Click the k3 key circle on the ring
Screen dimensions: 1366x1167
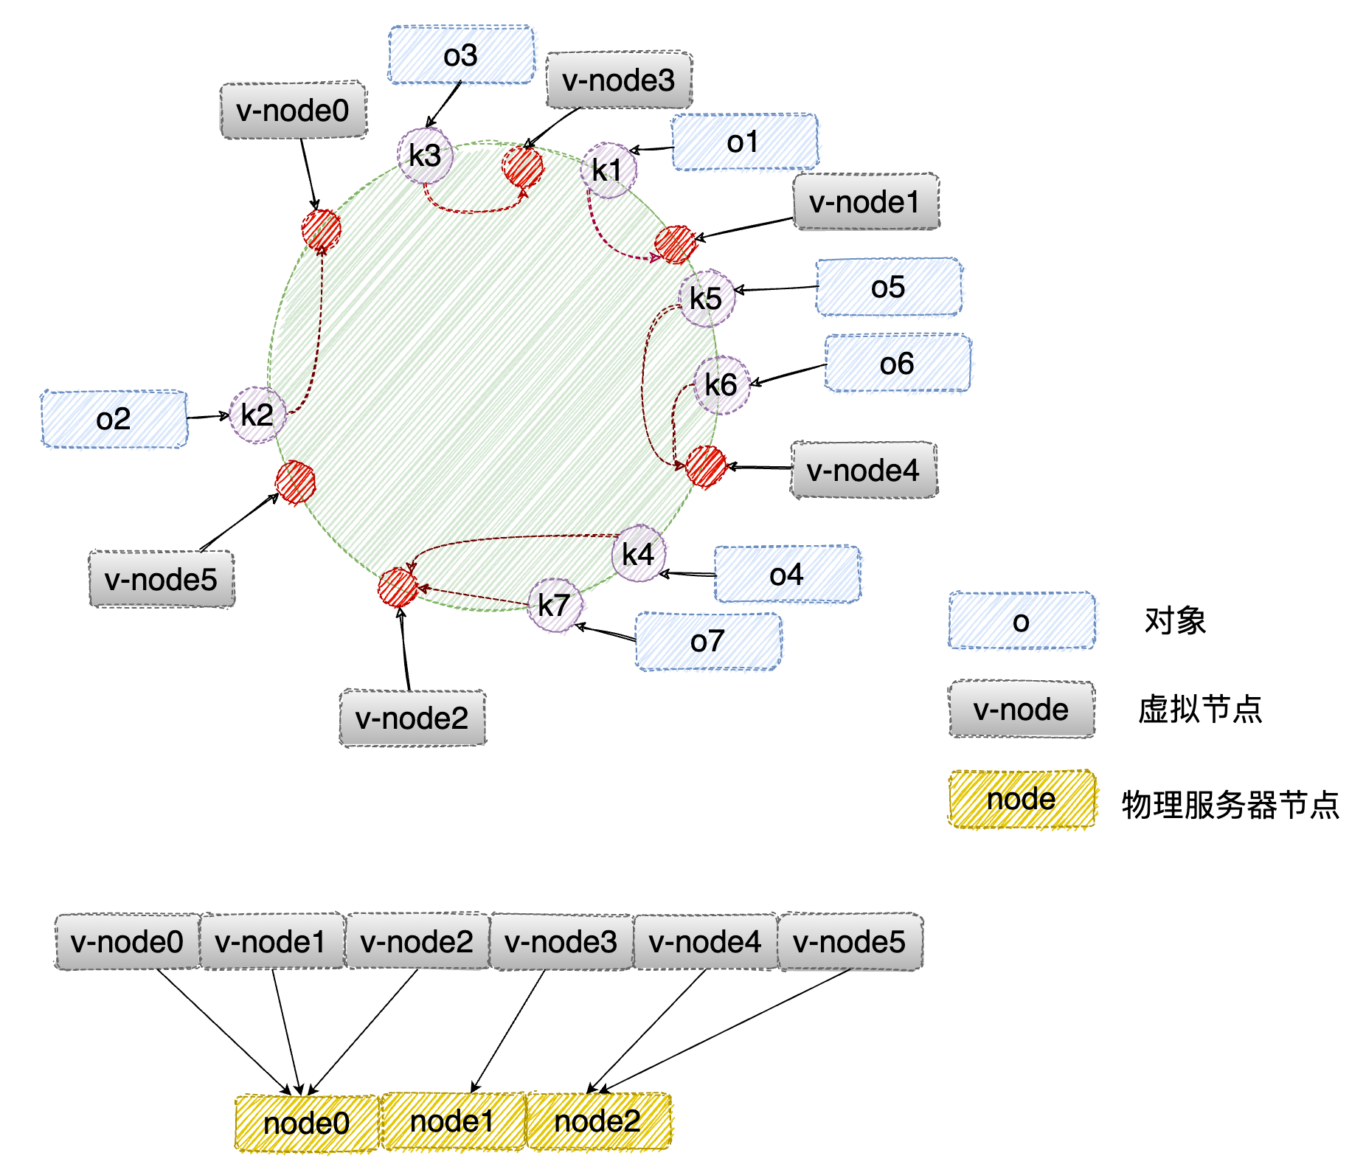tap(425, 156)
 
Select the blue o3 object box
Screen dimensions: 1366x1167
tap(461, 55)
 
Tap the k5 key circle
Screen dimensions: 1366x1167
tap(707, 299)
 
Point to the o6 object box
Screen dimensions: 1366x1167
tap(898, 363)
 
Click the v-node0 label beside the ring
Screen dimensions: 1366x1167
tap(293, 110)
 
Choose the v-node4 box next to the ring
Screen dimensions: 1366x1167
tap(864, 470)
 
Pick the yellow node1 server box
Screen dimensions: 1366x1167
tap(452, 1121)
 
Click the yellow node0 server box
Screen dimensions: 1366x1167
tap(307, 1123)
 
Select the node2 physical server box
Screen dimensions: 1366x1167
tap(598, 1121)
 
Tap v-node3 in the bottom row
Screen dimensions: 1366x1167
tap(561, 941)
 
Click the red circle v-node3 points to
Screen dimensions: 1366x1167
tap(523, 167)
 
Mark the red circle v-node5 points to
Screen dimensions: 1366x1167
tap(296, 483)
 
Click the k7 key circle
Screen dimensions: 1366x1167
tap(555, 606)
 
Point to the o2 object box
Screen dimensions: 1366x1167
tap(114, 419)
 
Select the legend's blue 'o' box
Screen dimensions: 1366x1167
tap(1022, 621)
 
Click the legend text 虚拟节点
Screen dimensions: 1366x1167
tap(1200, 710)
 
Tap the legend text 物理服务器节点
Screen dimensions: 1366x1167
tap(1230, 805)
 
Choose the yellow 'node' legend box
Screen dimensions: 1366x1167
tap(1022, 799)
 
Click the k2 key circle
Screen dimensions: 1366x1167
tap(257, 415)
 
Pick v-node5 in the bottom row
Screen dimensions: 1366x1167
tap(850, 941)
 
